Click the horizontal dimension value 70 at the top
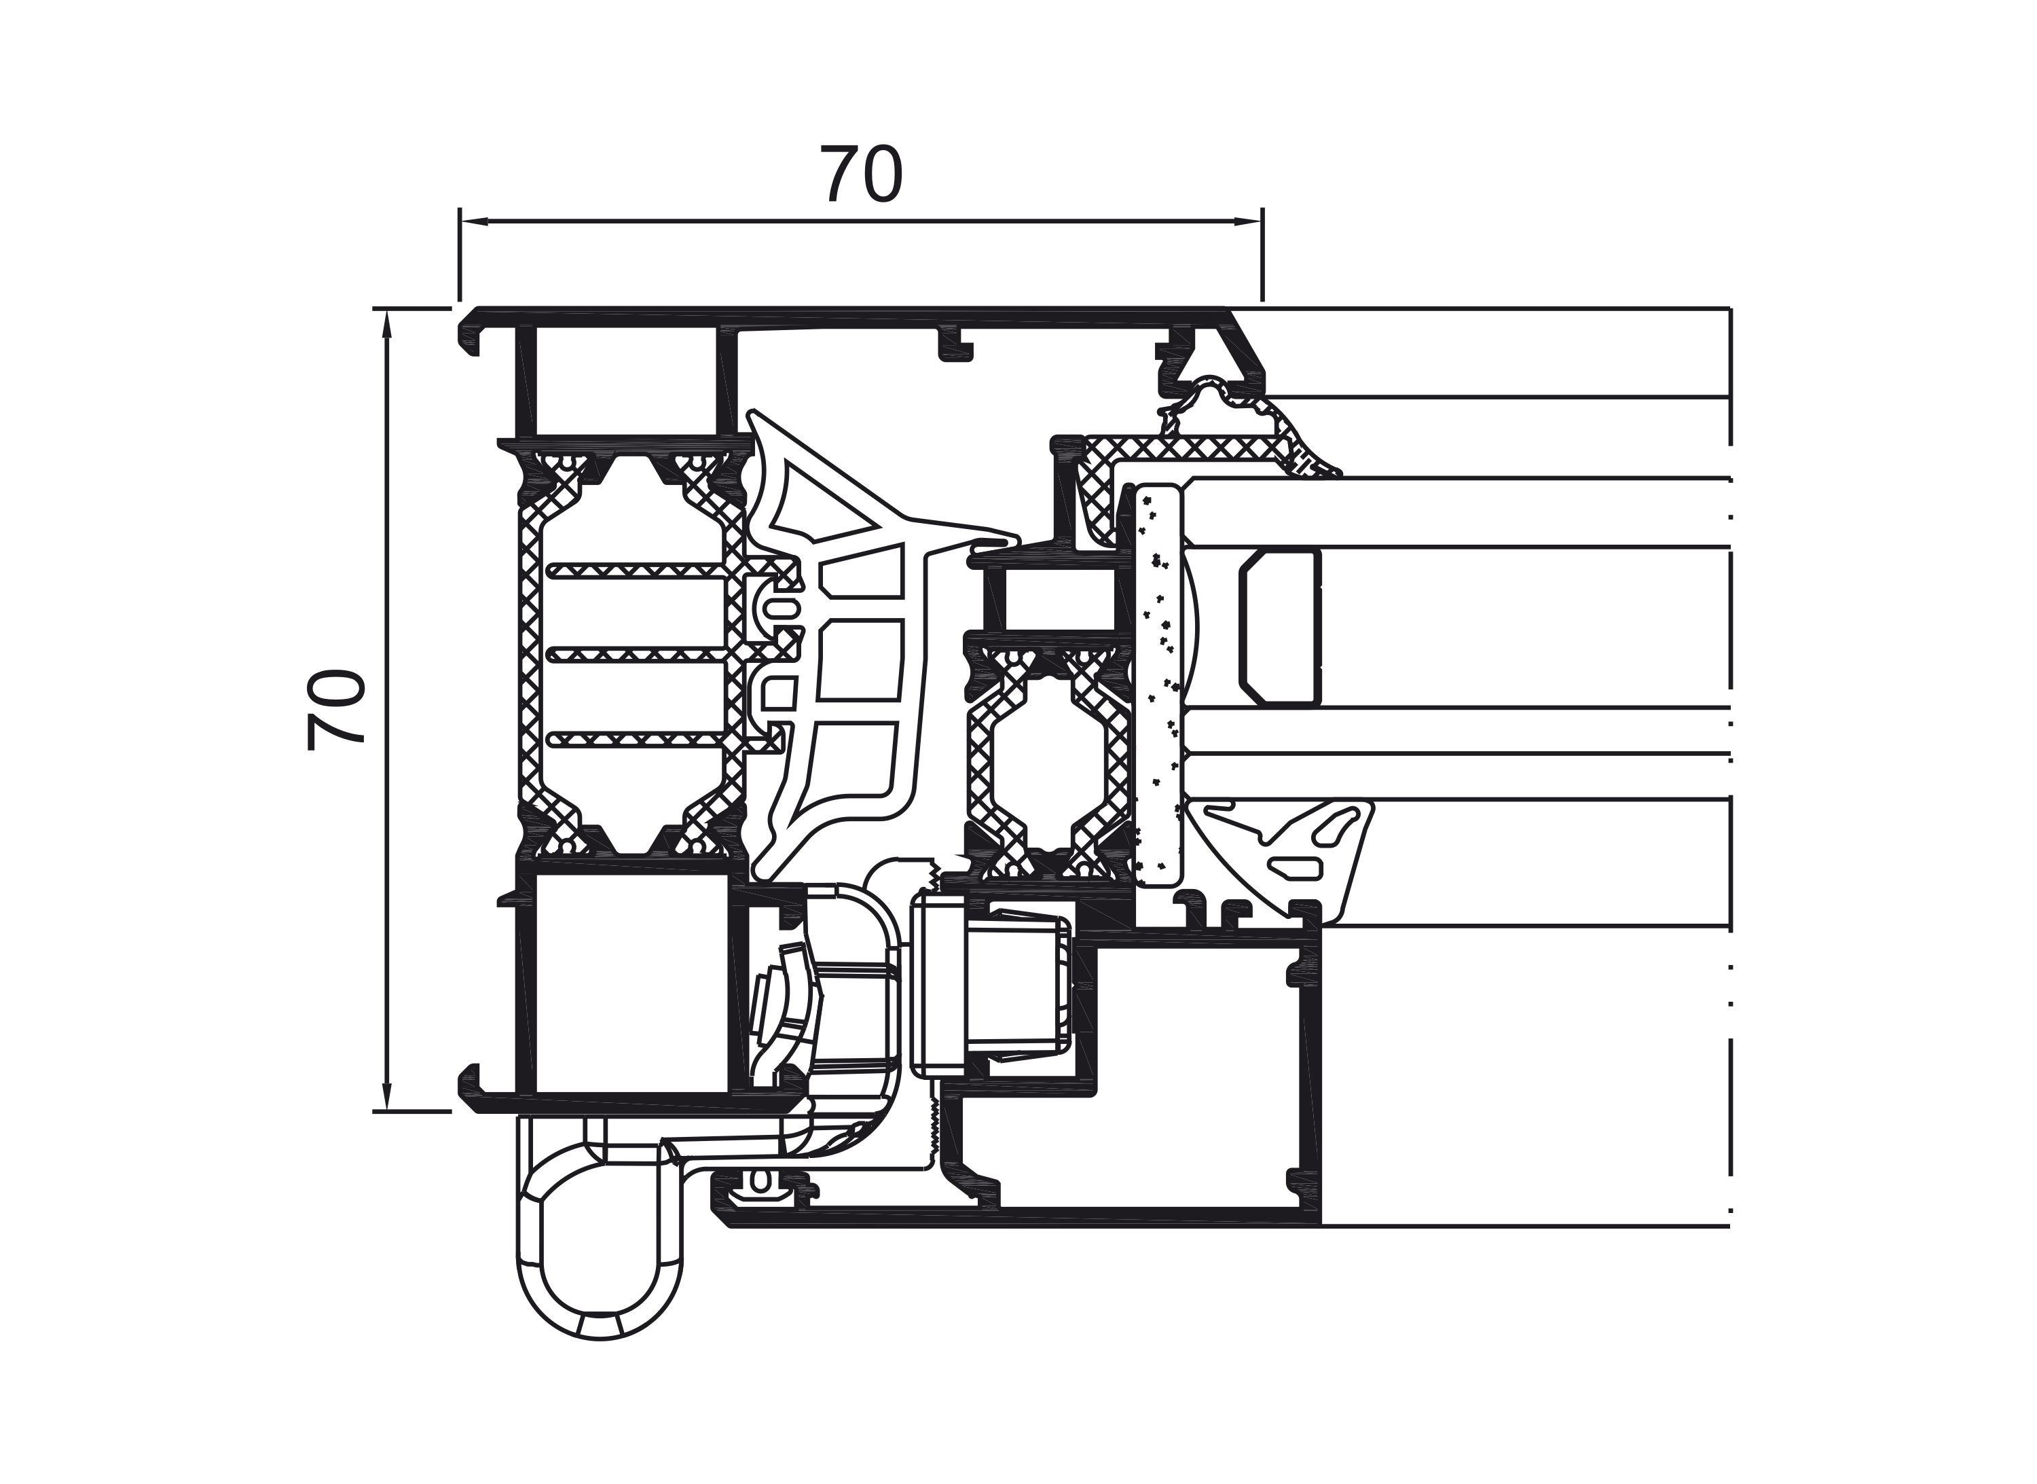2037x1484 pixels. [x=860, y=175]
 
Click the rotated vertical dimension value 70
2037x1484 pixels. [x=335, y=710]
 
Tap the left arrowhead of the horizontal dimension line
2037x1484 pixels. [x=474, y=221]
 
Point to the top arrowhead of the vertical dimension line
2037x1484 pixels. [x=387, y=323]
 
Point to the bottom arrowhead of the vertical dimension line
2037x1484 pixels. [x=387, y=1097]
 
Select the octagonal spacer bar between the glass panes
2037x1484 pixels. [x=1280, y=626]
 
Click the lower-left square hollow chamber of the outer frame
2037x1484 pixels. [x=631, y=983]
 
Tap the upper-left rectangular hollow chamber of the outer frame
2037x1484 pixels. [x=626, y=380]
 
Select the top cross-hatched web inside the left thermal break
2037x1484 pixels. [x=636, y=571]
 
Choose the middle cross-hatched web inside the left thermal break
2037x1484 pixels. [x=636, y=655]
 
